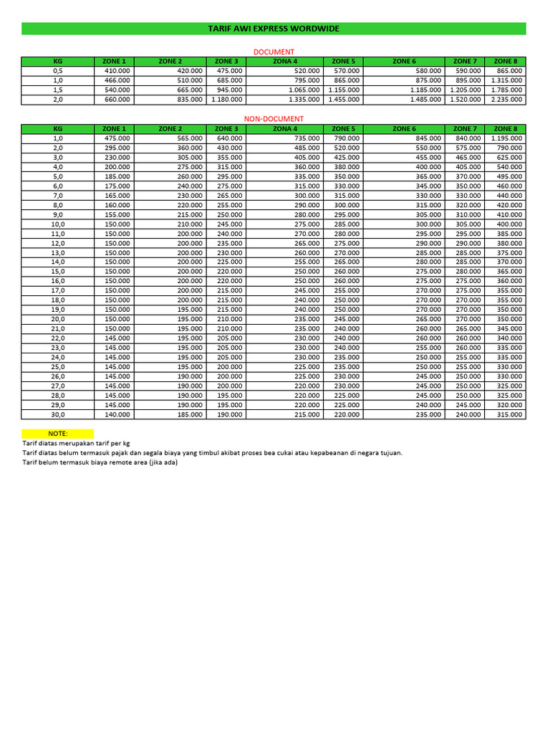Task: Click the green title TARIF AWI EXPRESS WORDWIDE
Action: tap(274, 29)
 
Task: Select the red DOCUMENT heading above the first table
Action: tap(275, 52)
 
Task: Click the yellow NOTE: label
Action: tap(57, 434)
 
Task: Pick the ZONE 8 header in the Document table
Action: tap(505, 62)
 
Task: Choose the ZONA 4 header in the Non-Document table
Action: tap(285, 129)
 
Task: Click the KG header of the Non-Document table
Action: tap(58, 129)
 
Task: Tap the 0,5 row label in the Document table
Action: tap(58, 72)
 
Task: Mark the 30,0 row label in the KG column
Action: tap(58, 414)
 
